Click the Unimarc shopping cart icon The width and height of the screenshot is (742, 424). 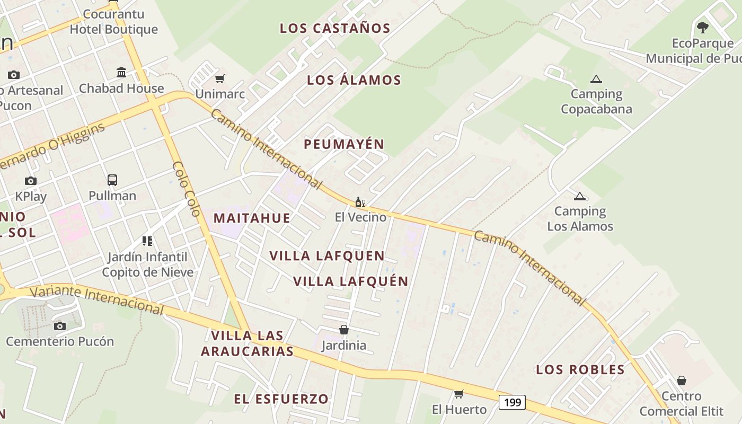220,79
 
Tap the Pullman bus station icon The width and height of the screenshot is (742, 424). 112,180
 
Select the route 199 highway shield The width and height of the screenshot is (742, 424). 512,402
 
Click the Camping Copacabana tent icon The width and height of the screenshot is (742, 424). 596,79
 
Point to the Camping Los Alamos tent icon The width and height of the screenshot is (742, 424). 580,197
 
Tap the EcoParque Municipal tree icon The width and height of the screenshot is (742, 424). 703,28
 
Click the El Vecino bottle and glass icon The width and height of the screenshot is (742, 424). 360,202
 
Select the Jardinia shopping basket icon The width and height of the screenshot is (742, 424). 344,330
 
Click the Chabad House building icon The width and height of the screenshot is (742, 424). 121,72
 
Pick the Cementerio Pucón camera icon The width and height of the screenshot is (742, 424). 60,325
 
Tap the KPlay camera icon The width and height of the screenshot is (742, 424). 31,181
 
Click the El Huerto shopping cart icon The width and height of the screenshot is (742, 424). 459,394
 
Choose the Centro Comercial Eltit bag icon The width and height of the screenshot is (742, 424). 682,381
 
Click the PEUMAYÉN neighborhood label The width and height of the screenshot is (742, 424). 344,144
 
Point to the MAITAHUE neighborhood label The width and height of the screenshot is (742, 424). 252,218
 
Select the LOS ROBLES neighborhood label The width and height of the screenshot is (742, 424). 580,370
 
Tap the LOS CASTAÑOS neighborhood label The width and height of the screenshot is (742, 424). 335,29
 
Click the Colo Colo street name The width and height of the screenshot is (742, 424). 187,189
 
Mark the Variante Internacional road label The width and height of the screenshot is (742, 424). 96,299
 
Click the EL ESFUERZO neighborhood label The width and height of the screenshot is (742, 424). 281,399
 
